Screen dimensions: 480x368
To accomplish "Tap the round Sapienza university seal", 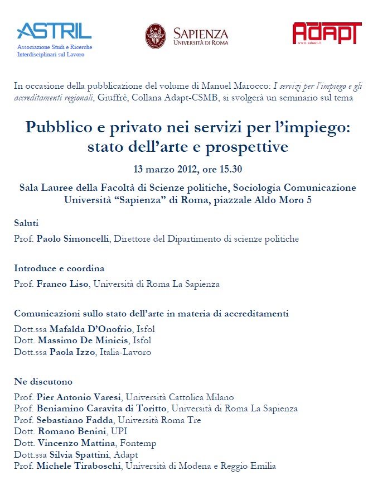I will coord(156,36).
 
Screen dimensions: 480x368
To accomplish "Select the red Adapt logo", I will coord(323,33).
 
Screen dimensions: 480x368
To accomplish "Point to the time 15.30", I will coord(229,169).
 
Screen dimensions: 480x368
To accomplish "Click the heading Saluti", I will coord(26,223).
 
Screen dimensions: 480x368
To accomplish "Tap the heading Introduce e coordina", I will coord(59,268).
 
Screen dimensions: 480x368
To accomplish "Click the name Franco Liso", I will coord(62,284).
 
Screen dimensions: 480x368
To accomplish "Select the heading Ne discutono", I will coord(43,381).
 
